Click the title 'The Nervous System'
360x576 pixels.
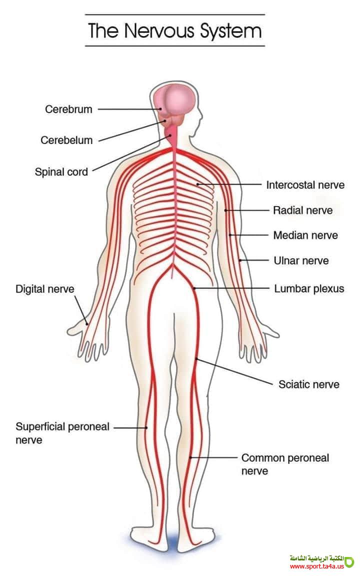[x=174, y=30]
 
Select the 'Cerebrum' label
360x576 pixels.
[x=68, y=109]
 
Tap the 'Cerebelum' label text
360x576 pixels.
[x=66, y=140]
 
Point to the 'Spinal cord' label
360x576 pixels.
[x=61, y=172]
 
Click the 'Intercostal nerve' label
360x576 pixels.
[x=305, y=185]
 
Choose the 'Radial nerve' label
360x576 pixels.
[x=302, y=210]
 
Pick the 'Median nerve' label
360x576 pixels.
[x=305, y=235]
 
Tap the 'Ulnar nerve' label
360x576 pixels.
[x=301, y=260]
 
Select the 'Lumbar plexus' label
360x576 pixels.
[x=309, y=288]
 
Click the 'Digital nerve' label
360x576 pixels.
[x=44, y=289]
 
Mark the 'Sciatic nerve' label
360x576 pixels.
[x=308, y=384]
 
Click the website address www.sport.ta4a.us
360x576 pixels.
[x=316, y=566]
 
